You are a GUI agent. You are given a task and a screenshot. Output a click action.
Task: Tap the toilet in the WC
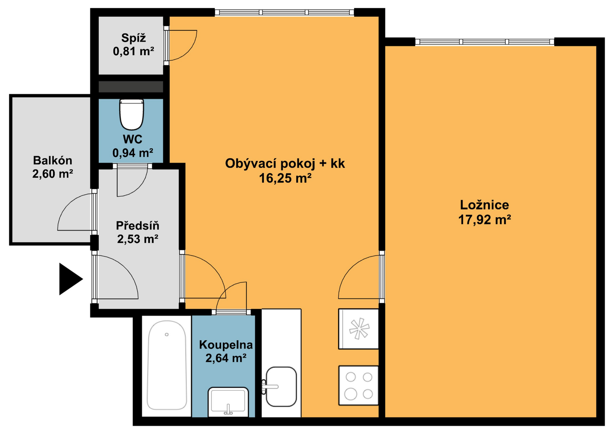click(131, 114)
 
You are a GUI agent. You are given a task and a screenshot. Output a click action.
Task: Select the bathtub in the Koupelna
click(167, 365)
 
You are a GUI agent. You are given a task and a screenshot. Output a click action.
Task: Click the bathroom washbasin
click(228, 402)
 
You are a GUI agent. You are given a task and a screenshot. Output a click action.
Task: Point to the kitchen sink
click(281, 387)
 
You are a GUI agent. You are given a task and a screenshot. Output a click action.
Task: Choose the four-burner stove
click(358, 386)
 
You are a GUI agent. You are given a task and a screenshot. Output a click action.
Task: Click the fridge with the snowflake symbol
click(358, 329)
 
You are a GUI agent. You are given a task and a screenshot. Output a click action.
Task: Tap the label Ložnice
click(484, 205)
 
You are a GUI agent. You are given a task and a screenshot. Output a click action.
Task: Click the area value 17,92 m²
click(484, 220)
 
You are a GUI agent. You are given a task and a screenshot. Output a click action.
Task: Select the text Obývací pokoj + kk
click(285, 164)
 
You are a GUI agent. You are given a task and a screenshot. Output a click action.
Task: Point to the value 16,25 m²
click(285, 178)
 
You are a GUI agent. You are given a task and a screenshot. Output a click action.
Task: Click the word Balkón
click(52, 160)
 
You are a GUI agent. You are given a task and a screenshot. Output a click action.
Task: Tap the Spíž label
click(133, 38)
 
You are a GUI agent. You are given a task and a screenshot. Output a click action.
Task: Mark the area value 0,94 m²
click(133, 153)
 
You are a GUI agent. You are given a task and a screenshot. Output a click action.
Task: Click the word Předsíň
click(138, 226)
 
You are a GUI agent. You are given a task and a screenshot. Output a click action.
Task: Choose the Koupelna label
click(226, 345)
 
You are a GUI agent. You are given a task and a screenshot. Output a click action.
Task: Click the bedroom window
click(484, 42)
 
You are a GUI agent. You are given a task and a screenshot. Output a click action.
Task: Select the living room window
click(284, 12)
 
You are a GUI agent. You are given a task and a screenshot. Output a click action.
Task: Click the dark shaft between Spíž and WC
click(131, 87)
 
